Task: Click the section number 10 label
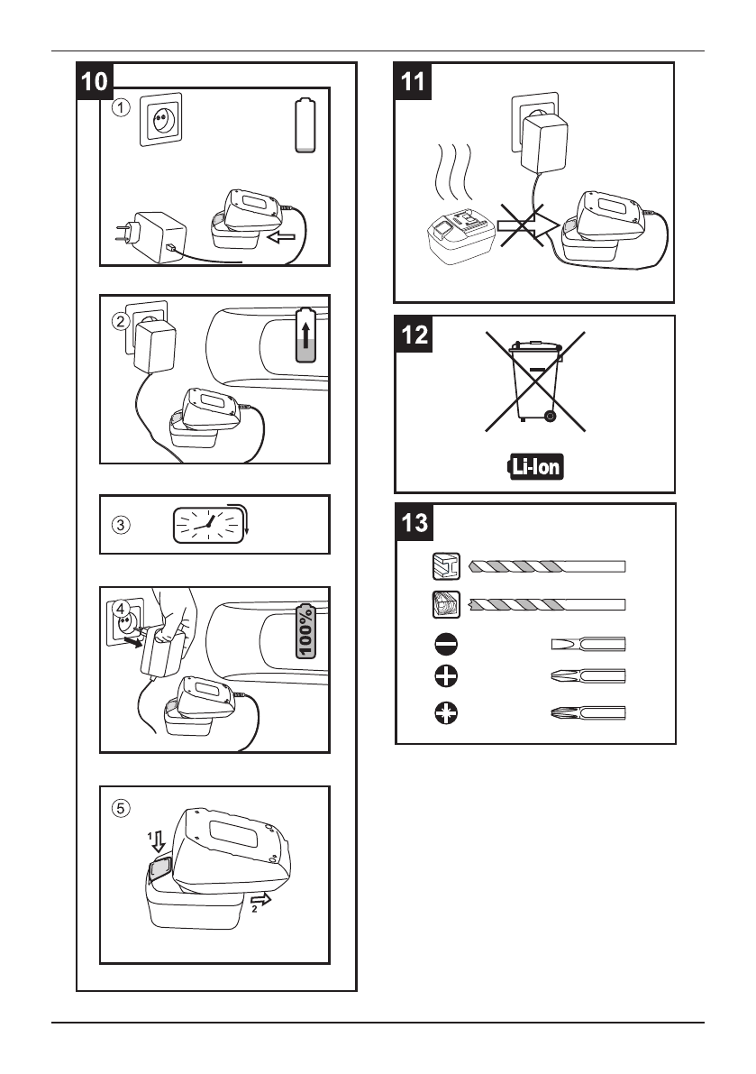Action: [94, 81]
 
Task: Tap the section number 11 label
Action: [412, 81]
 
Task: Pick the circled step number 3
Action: [121, 524]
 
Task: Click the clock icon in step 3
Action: [208, 524]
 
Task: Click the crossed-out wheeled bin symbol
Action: [534, 380]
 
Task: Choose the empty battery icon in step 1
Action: [306, 126]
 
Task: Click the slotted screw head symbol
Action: [447, 644]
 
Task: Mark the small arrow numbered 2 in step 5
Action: [258, 901]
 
